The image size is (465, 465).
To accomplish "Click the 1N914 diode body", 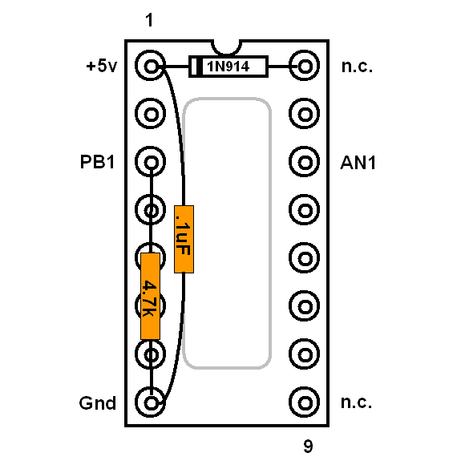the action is [x=228, y=67].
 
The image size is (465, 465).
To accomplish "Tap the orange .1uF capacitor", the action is [x=184, y=239].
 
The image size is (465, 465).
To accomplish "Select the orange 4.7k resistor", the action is [x=151, y=296].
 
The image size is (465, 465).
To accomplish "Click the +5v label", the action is [x=102, y=66].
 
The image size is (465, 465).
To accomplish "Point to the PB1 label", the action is [x=97, y=162].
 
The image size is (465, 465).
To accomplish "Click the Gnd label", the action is [x=98, y=403].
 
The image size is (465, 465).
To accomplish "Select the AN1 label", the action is [x=358, y=163].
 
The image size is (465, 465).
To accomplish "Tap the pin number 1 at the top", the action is [x=149, y=20].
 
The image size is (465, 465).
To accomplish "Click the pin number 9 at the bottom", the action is [x=308, y=446].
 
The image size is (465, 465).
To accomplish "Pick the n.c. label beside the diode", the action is [x=357, y=67].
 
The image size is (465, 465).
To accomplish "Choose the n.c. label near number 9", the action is [x=357, y=402].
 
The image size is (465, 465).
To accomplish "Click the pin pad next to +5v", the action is [x=151, y=66].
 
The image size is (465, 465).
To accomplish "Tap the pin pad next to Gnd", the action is [x=151, y=402].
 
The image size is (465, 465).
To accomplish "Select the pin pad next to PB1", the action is [x=151, y=162].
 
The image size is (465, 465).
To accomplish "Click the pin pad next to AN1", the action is [x=305, y=162].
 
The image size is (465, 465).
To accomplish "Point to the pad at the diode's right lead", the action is [x=305, y=66].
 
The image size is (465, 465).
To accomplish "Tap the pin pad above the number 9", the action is [x=305, y=402].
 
